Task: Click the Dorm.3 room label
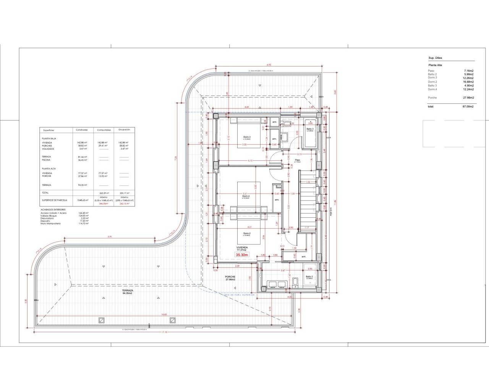[247, 137]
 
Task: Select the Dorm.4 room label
[246, 197]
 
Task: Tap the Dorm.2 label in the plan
[246, 234]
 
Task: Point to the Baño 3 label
[310, 129]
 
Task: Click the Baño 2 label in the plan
[309, 277]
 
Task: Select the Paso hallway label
[297, 160]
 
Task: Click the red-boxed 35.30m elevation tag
[242, 255]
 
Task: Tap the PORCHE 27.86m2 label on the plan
[230, 278]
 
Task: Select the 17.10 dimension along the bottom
[164, 332]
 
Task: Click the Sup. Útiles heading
[435, 58]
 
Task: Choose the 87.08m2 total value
[468, 107]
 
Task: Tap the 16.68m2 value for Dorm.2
[468, 82]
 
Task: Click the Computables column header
[104, 130]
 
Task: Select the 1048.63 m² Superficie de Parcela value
[83, 200]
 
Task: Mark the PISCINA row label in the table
[47, 160]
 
